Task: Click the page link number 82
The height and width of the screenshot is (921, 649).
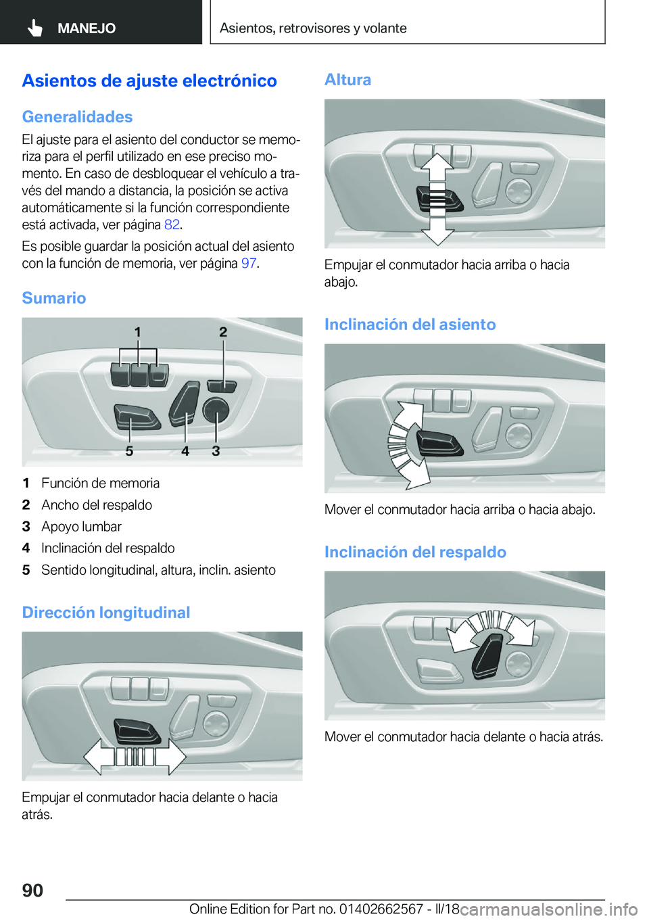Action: point(172,225)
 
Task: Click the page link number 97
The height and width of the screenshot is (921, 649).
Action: point(249,263)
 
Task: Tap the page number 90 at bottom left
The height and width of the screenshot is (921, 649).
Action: point(32,890)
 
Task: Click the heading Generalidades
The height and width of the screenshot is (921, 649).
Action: point(77,117)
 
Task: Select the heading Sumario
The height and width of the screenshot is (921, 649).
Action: point(54,298)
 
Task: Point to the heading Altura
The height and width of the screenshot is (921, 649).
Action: point(347,80)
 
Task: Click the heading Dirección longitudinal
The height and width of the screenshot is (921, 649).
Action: point(106,613)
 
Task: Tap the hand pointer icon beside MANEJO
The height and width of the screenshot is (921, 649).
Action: point(35,28)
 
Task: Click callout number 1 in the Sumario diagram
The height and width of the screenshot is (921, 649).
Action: point(138,332)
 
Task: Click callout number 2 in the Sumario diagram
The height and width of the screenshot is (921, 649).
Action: point(223,332)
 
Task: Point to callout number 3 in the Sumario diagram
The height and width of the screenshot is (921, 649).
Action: point(216,451)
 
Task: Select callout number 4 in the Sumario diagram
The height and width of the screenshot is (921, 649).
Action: point(185,451)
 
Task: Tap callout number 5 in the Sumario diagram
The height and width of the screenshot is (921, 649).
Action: point(129,451)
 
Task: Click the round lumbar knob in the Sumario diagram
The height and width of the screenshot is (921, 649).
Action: point(216,409)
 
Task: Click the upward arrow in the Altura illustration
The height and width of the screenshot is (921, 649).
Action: point(437,168)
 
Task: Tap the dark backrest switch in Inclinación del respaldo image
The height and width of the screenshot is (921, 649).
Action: point(489,655)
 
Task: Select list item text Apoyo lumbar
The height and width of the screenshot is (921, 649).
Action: point(81,527)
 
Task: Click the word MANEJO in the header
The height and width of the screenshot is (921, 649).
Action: point(87,28)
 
